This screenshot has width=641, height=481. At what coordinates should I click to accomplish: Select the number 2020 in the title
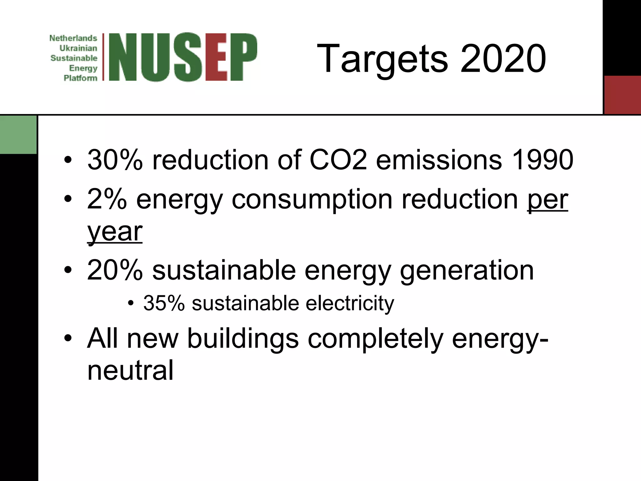(x=503, y=59)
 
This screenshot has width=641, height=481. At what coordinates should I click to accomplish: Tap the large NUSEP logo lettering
(x=183, y=57)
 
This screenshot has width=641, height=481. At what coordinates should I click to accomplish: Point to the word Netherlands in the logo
(x=73, y=38)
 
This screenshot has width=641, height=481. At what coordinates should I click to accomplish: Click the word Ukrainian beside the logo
(x=78, y=48)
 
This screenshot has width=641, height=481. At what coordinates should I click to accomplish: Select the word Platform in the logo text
(x=80, y=78)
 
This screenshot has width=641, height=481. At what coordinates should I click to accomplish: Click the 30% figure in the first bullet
(x=115, y=160)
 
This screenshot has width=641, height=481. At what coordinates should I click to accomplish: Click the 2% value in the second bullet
(x=107, y=199)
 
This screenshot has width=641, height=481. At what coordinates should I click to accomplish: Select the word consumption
(x=312, y=200)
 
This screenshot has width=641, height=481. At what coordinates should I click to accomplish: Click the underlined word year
(x=115, y=232)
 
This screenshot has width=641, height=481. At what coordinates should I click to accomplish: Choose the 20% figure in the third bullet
(x=115, y=270)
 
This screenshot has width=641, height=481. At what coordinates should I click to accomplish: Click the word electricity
(x=350, y=304)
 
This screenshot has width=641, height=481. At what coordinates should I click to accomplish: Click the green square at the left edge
(x=18, y=135)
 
